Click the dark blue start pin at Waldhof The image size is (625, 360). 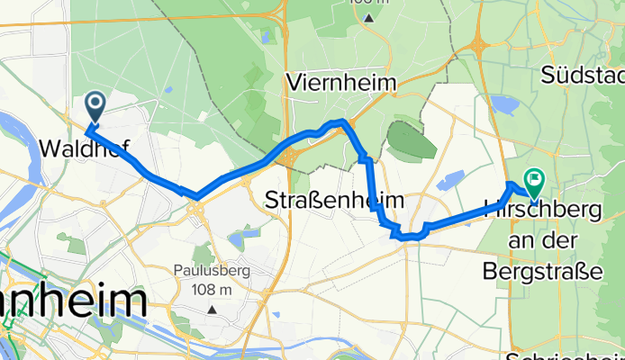[x=95, y=109]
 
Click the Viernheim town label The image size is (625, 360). [x=340, y=83]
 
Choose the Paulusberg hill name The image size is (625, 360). [x=213, y=269]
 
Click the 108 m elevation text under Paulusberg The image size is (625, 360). [x=213, y=289]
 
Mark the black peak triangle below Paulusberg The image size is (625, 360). [x=213, y=310]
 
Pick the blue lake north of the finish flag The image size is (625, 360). [x=503, y=107]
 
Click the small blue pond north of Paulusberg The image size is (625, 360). [x=239, y=239]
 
